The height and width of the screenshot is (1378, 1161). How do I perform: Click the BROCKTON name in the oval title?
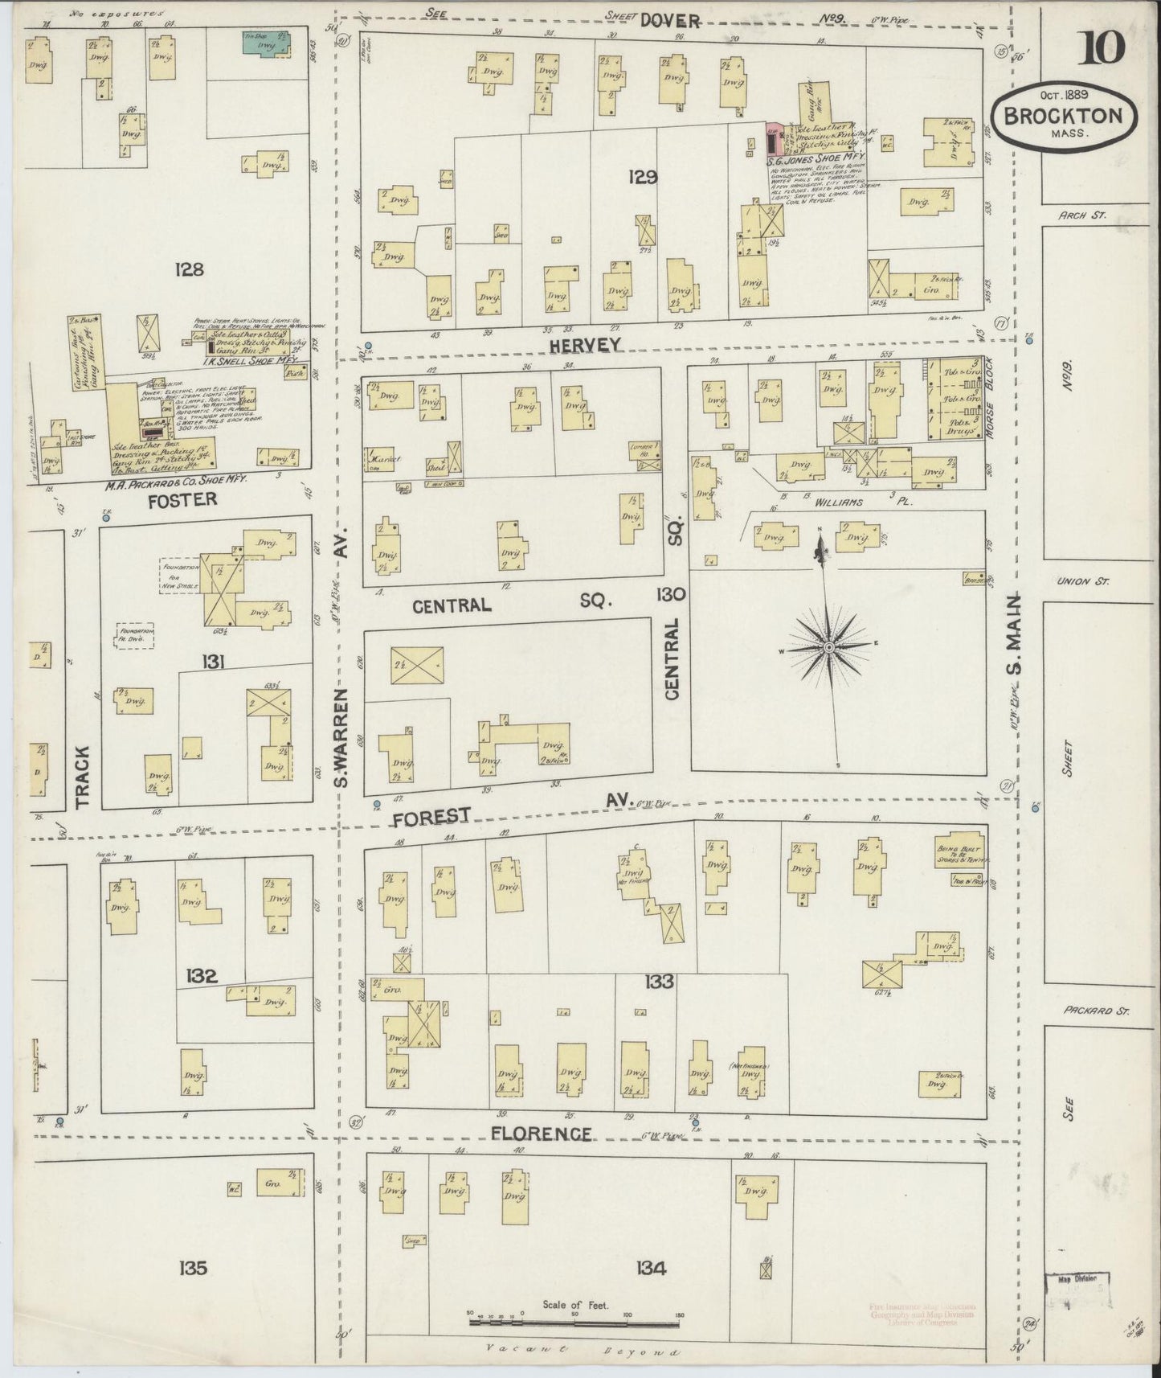[x=1068, y=115]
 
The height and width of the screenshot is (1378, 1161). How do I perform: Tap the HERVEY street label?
[x=586, y=345]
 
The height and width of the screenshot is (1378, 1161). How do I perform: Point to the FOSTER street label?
[x=182, y=499]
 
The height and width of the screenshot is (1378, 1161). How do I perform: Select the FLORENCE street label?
[x=541, y=1134]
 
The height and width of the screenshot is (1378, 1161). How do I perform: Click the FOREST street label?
[x=431, y=816]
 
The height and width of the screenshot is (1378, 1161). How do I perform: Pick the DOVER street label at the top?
[x=669, y=21]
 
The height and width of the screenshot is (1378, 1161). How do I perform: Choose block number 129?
[x=644, y=177]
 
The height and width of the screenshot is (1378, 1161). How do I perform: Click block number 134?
[x=650, y=1269]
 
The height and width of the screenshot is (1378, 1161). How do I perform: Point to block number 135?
[x=193, y=1268]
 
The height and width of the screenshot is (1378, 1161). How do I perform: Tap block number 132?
[x=200, y=976]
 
